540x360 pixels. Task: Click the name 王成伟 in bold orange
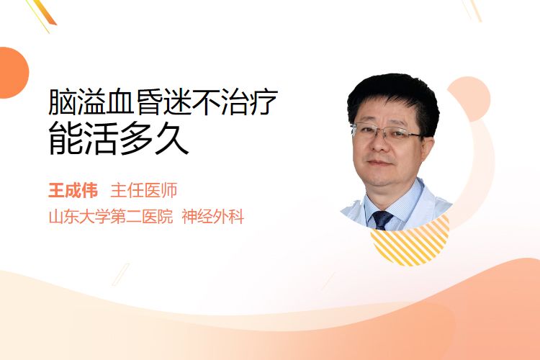(x=73, y=191)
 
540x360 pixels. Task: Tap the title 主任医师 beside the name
(x=143, y=191)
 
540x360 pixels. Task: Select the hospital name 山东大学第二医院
(x=111, y=217)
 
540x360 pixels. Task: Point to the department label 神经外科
(x=213, y=217)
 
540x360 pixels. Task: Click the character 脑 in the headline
(x=63, y=102)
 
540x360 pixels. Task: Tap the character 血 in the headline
(x=120, y=102)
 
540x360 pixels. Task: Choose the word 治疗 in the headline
(x=248, y=102)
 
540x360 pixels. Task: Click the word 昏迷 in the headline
(x=163, y=102)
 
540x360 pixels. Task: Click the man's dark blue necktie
(x=382, y=220)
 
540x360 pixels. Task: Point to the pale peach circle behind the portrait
(x=469, y=99)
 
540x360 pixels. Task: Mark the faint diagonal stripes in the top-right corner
(x=472, y=10)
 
